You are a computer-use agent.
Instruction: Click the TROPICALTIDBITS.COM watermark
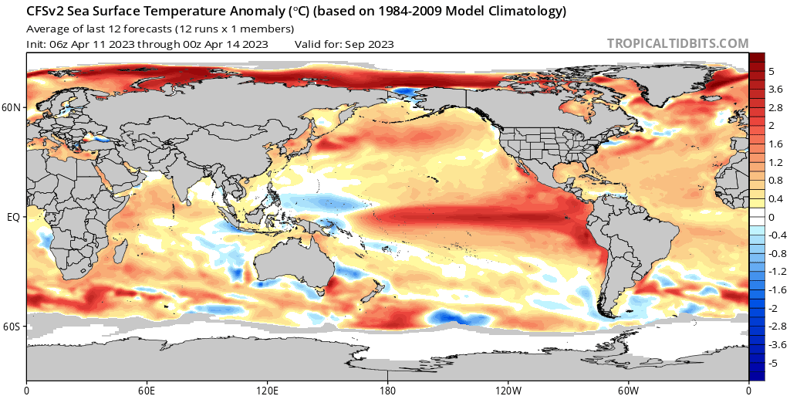click(677, 44)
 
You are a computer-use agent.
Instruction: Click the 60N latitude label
click(12, 108)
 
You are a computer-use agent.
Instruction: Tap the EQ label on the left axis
click(13, 218)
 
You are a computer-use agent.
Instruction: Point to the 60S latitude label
click(12, 327)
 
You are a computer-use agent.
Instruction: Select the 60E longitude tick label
click(147, 388)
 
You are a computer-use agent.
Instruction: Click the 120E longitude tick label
click(267, 388)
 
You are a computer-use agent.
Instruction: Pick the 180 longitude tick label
click(388, 388)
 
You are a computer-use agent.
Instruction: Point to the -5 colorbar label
click(772, 362)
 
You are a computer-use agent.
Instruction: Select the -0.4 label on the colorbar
click(775, 235)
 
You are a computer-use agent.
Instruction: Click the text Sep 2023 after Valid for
click(370, 44)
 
